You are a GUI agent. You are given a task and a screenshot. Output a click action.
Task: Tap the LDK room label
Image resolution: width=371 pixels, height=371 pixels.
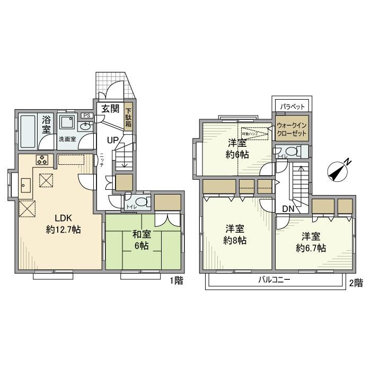(60, 218)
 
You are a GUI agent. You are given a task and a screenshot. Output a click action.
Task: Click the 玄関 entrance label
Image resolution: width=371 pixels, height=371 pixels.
(110, 110)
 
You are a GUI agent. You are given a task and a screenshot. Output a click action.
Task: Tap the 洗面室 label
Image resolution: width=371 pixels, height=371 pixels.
(67, 139)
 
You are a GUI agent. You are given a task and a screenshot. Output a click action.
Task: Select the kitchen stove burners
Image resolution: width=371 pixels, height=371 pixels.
(42, 160)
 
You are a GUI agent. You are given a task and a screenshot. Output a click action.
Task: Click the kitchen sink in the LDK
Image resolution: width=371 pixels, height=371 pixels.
(25, 185)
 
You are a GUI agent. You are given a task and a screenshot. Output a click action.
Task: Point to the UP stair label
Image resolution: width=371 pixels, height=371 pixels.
(113, 140)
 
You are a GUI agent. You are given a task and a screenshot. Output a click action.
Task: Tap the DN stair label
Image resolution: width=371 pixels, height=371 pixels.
(288, 209)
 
